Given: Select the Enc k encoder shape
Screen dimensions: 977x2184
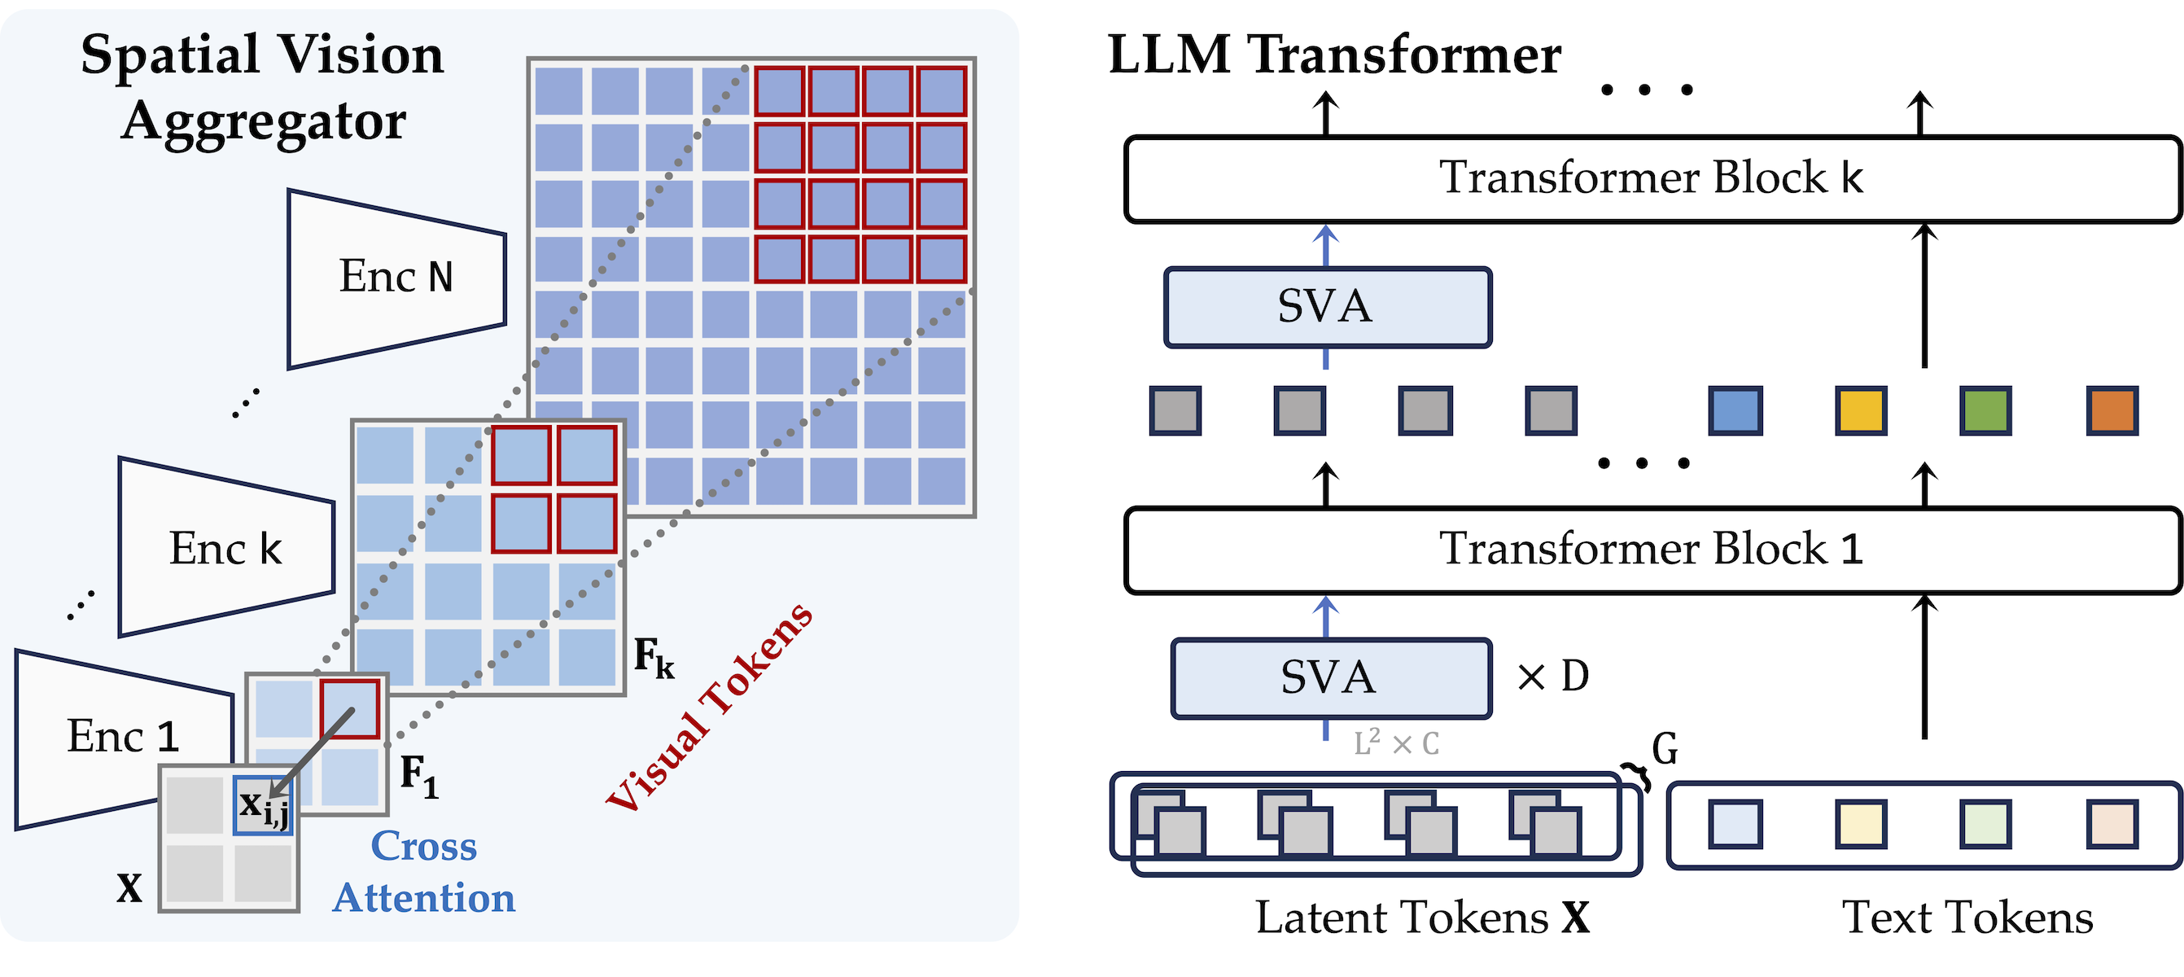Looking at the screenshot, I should click(225, 548).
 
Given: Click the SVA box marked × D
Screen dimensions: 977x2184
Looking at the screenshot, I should click(1329, 678).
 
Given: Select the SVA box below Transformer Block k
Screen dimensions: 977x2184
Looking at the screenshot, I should click(1327, 307).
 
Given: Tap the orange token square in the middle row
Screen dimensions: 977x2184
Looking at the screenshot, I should click(2111, 410).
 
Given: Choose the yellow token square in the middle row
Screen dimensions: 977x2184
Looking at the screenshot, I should click(1860, 410).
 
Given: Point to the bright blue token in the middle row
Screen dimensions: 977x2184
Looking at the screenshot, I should click(1735, 410).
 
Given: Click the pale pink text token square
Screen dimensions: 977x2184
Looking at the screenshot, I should click(2111, 823).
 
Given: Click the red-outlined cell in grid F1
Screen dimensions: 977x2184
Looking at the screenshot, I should click(349, 708).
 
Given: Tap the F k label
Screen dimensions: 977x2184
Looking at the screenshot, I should click(654, 658).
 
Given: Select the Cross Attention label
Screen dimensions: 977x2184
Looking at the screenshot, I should click(424, 872).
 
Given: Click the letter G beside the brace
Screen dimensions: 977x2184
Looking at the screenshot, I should click(1665, 749).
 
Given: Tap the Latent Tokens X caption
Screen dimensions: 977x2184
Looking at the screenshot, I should click(1422, 918).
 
